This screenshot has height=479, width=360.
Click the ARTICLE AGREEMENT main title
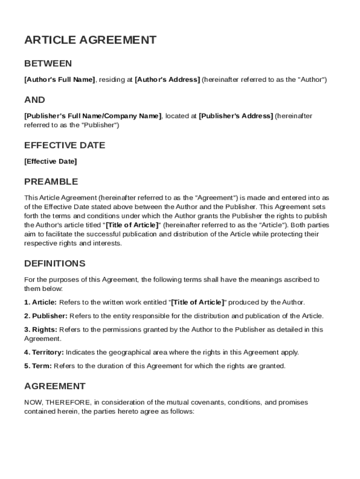(90, 40)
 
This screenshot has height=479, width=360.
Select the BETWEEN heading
(48, 64)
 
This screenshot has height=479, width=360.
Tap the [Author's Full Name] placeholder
(59, 80)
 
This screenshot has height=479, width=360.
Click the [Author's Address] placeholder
(167, 80)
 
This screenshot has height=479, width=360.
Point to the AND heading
(35, 100)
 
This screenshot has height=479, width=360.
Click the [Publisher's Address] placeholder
(236, 116)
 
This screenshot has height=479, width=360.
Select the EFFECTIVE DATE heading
(65, 145)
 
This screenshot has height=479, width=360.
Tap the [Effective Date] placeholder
(50, 161)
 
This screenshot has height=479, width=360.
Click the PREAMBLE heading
(51, 181)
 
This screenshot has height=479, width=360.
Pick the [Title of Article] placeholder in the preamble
(132, 225)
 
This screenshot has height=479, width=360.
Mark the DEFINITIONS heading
(55, 263)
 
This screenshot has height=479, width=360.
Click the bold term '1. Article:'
(41, 302)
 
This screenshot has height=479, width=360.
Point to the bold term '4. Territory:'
(44, 352)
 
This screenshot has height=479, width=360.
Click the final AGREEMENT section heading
(55, 386)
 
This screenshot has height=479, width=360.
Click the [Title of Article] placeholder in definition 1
(198, 302)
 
